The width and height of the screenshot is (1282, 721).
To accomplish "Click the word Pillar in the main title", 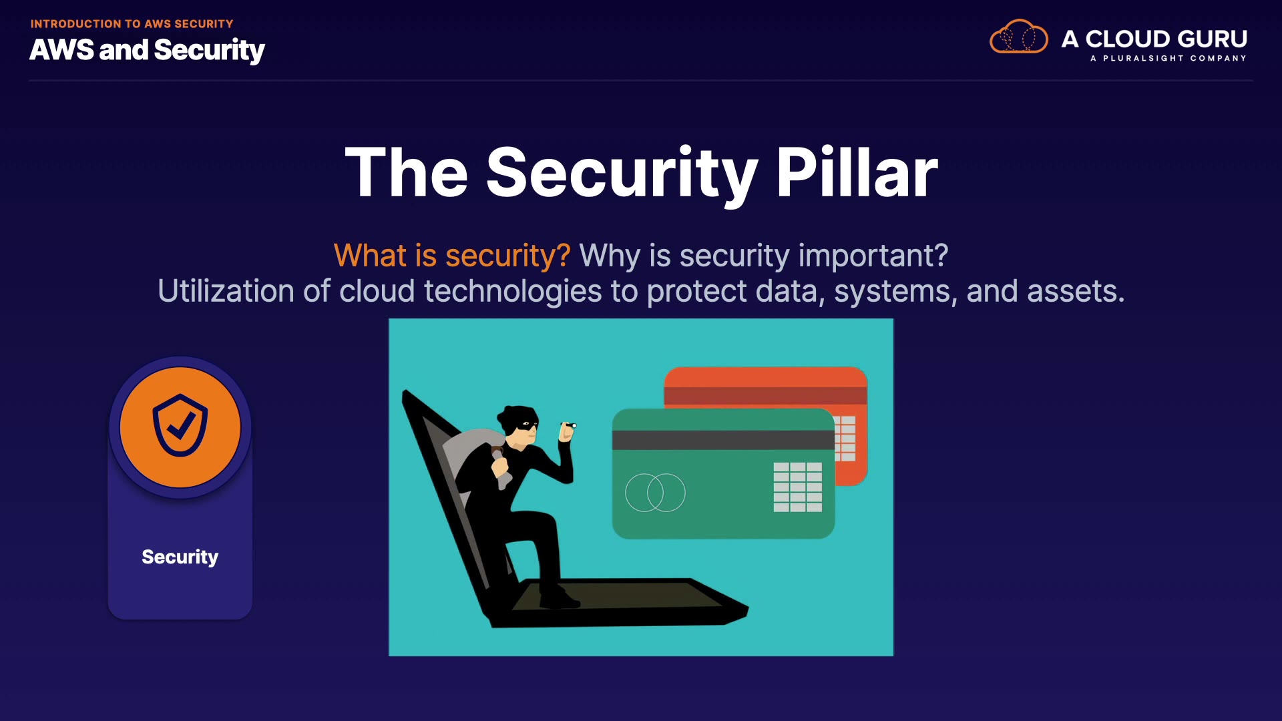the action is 857,173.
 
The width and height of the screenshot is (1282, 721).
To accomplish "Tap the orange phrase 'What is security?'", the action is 452,256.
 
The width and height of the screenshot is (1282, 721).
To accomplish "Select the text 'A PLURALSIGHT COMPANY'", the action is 1168,58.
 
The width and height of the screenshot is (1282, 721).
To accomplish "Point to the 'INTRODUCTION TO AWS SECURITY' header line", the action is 132,24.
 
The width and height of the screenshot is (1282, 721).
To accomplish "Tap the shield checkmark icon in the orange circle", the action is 180,425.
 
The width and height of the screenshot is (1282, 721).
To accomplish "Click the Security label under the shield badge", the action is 180,557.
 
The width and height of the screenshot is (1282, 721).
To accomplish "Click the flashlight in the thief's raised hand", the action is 569,425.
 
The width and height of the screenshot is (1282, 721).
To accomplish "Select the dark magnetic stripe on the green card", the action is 723,440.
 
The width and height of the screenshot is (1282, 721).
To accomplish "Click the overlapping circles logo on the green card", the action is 655,493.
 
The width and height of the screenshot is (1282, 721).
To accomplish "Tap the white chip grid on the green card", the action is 798,487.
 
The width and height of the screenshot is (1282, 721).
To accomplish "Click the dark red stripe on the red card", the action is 765,395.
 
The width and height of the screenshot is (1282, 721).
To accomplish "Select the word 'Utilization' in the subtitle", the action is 226,292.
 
